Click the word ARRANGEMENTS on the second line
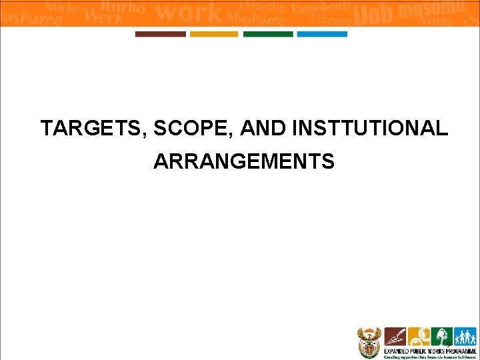pyautogui.click(x=244, y=161)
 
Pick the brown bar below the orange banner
pyautogui.click(x=161, y=34)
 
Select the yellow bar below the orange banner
pyautogui.click(x=214, y=34)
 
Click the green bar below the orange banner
pyautogui.click(x=268, y=34)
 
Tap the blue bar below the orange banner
pyautogui.click(x=322, y=34)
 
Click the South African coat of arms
pyautogui.click(x=368, y=341)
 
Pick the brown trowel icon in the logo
pyautogui.click(x=395, y=337)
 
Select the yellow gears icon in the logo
pyautogui.click(x=419, y=337)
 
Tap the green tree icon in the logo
pyautogui.click(x=441, y=337)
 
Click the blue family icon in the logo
pyautogui.click(x=463, y=337)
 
